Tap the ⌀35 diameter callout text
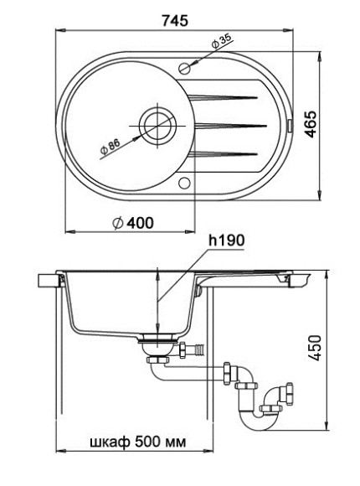[x=223, y=40]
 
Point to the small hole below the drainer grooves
[x=185, y=184]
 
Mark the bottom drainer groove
[x=226, y=152]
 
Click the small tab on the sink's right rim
[x=290, y=126]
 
